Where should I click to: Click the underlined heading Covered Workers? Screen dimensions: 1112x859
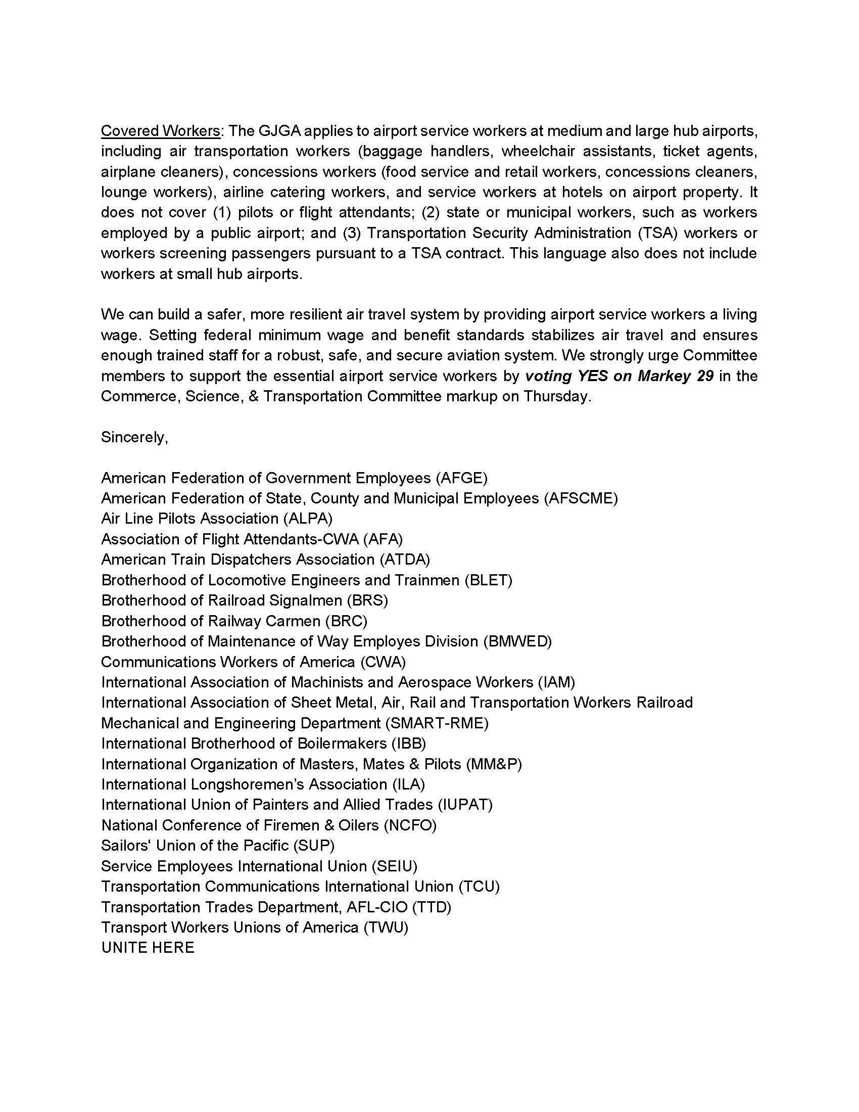(160, 131)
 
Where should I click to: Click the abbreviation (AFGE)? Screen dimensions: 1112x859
(461, 478)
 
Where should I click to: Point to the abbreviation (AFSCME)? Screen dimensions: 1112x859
(581, 498)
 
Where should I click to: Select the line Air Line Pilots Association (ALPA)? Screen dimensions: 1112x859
(217, 518)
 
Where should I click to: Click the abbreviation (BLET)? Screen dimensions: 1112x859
(488, 580)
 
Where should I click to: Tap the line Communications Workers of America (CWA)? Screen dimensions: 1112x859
(254, 662)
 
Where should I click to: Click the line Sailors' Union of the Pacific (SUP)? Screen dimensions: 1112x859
(218, 845)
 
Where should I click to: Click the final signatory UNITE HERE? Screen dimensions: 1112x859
(148, 948)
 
